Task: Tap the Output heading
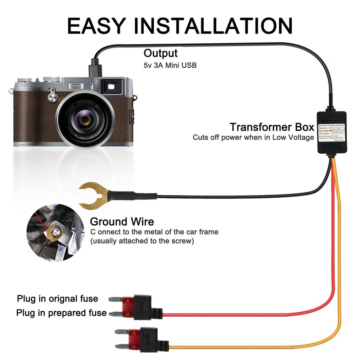[160, 53]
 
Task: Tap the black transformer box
[332, 131]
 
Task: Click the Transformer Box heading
[272, 127]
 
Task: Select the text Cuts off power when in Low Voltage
[253, 137]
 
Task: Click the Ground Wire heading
[122, 221]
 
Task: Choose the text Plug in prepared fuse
[61, 313]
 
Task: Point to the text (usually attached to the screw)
[142, 241]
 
